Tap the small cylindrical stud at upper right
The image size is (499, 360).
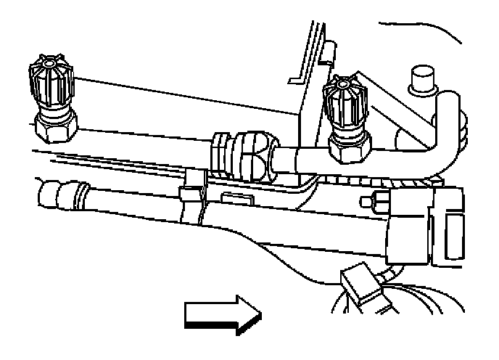(x=421, y=80)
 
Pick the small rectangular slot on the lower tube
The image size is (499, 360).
(x=234, y=198)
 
